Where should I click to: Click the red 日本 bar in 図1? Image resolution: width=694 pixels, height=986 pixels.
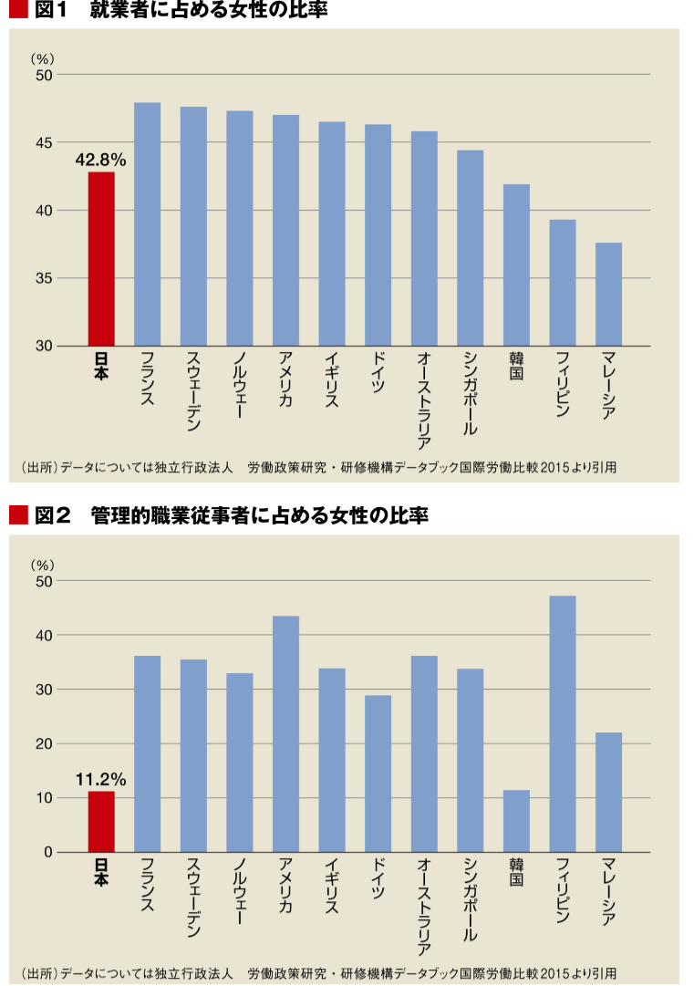point(101,259)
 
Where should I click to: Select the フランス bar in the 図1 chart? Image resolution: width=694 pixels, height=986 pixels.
point(147,224)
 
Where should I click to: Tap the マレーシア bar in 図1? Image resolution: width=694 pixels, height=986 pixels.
point(608,294)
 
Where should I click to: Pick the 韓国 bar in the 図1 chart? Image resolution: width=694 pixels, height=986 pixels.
point(516,265)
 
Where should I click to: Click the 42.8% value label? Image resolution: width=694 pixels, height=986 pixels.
point(100,160)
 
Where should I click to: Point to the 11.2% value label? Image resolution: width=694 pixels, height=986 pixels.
point(100,780)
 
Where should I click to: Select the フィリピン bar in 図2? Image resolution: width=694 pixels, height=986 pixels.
point(563,723)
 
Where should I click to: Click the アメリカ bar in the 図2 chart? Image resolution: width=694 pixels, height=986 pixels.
point(285,734)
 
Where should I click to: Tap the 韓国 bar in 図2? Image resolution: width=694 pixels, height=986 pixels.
point(516,821)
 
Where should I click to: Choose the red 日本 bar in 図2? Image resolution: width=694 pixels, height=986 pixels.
point(101,822)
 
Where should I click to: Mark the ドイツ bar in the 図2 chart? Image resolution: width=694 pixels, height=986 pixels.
point(378,773)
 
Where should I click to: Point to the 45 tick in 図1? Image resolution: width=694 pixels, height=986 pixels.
point(45,142)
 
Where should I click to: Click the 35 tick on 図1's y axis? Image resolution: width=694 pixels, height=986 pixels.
point(45,278)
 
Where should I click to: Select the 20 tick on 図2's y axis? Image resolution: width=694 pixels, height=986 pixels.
point(45,743)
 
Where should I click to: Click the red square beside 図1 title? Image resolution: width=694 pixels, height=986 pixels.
point(18,11)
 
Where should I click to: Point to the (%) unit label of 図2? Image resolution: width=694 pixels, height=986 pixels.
point(44,565)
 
